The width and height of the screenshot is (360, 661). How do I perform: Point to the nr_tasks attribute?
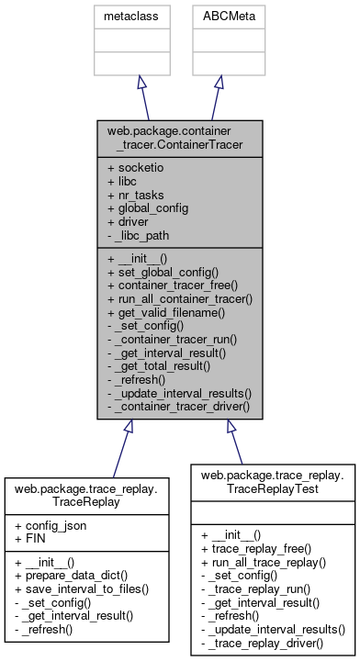click(136, 196)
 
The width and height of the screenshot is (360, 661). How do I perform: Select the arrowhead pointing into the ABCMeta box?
click(218, 82)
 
